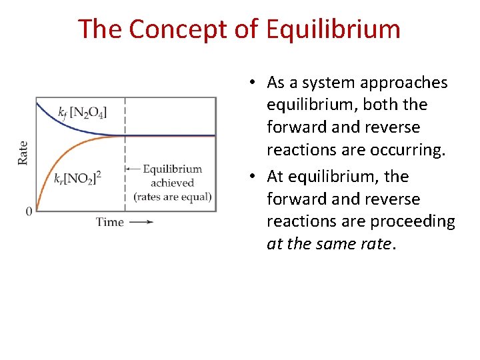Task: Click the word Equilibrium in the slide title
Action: pos(333,29)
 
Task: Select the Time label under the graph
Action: pos(109,222)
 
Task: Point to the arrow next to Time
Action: pos(141,222)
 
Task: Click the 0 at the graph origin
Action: pos(29,211)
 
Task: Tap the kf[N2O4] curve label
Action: pos(83,111)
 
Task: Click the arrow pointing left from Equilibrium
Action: pos(133,169)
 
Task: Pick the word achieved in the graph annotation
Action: pos(172,183)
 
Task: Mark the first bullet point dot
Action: pos(254,83)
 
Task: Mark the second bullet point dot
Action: pos(254,177)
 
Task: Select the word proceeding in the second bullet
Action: pos(415,221)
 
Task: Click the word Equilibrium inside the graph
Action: pos(172,169)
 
